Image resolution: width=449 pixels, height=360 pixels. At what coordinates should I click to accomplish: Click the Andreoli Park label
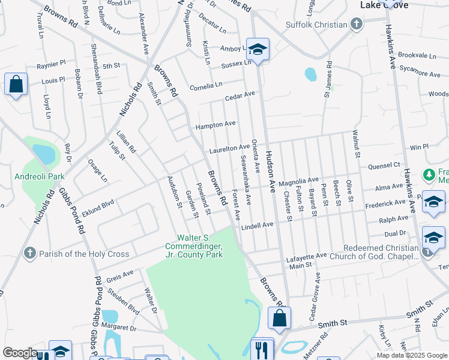pos(39,177)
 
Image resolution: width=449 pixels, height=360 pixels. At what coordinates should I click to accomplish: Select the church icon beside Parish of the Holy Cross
pos(29,254)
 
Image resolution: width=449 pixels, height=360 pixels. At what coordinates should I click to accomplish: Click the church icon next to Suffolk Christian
pos(357,25)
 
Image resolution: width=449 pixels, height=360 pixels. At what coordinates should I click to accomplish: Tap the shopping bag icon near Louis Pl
pos(16,85)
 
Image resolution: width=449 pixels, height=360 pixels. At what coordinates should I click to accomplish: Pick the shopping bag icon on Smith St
pos(279,318)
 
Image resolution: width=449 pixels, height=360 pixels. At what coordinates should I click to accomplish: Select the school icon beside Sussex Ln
pos(258,50)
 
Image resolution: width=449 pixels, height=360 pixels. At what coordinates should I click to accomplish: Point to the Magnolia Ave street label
pos(298,180)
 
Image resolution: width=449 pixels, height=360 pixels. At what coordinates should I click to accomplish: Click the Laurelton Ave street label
pos(229,148)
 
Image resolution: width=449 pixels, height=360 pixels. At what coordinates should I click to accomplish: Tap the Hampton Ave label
pos(215,124)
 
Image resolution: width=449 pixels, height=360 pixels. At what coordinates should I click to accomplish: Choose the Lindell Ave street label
pos(257,225)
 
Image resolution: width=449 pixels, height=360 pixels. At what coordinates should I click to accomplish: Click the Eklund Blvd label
pos(99,205)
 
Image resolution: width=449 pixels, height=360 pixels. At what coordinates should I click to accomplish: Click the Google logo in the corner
pos(20,353)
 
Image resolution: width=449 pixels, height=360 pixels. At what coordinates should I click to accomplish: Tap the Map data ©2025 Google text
pos(411,355)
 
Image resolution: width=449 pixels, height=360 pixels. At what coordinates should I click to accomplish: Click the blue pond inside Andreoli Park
pos(44,154)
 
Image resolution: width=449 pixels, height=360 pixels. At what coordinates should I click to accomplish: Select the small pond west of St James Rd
pos(310,74)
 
